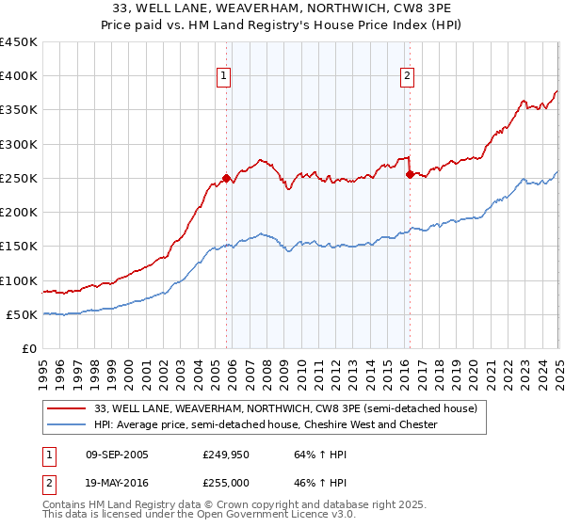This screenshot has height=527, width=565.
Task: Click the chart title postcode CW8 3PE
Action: click(x=422, y=8)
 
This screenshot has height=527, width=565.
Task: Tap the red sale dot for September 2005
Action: click(x=227, y=178)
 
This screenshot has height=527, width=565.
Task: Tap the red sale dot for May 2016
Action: click(x=410, y=174)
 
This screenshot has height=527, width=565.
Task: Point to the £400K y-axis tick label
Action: click(x=19, y=76)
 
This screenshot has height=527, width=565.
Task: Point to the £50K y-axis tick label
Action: click(x=23, y=314)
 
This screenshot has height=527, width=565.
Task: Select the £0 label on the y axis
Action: click(x=29, y=348)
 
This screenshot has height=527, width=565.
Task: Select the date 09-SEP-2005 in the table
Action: click(x=117, y=455)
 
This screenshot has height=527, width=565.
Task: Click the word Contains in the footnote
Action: click(x=65, y=505)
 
